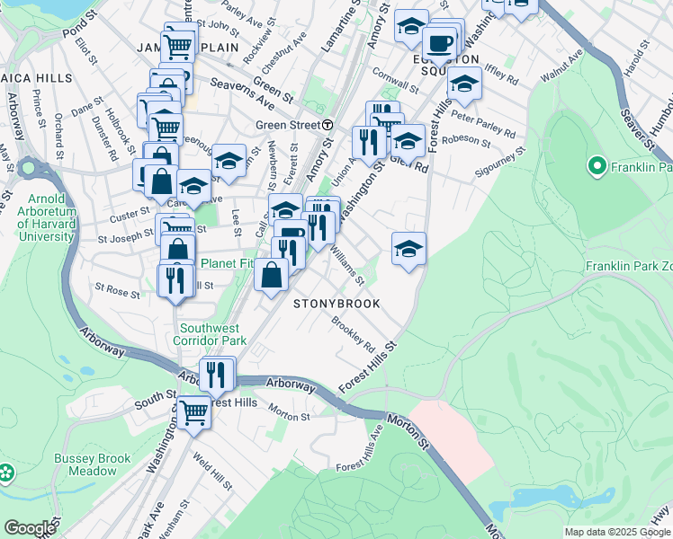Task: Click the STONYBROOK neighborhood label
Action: click(337, 304)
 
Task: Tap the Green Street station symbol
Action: click(328, 125)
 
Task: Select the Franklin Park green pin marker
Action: click(595, 166)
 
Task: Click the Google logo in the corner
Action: click(29, 528)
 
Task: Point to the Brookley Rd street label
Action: click(353, 332)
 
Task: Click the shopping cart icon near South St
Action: click(193, 412)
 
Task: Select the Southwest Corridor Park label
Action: click(212, 334)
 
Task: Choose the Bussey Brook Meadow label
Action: click(92, 464)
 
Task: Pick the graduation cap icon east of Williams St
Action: click(408, 248)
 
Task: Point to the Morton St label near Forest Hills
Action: click(288, 416)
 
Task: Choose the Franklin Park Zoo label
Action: click(628, 267)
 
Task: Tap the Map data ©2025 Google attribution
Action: click(616, 532)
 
